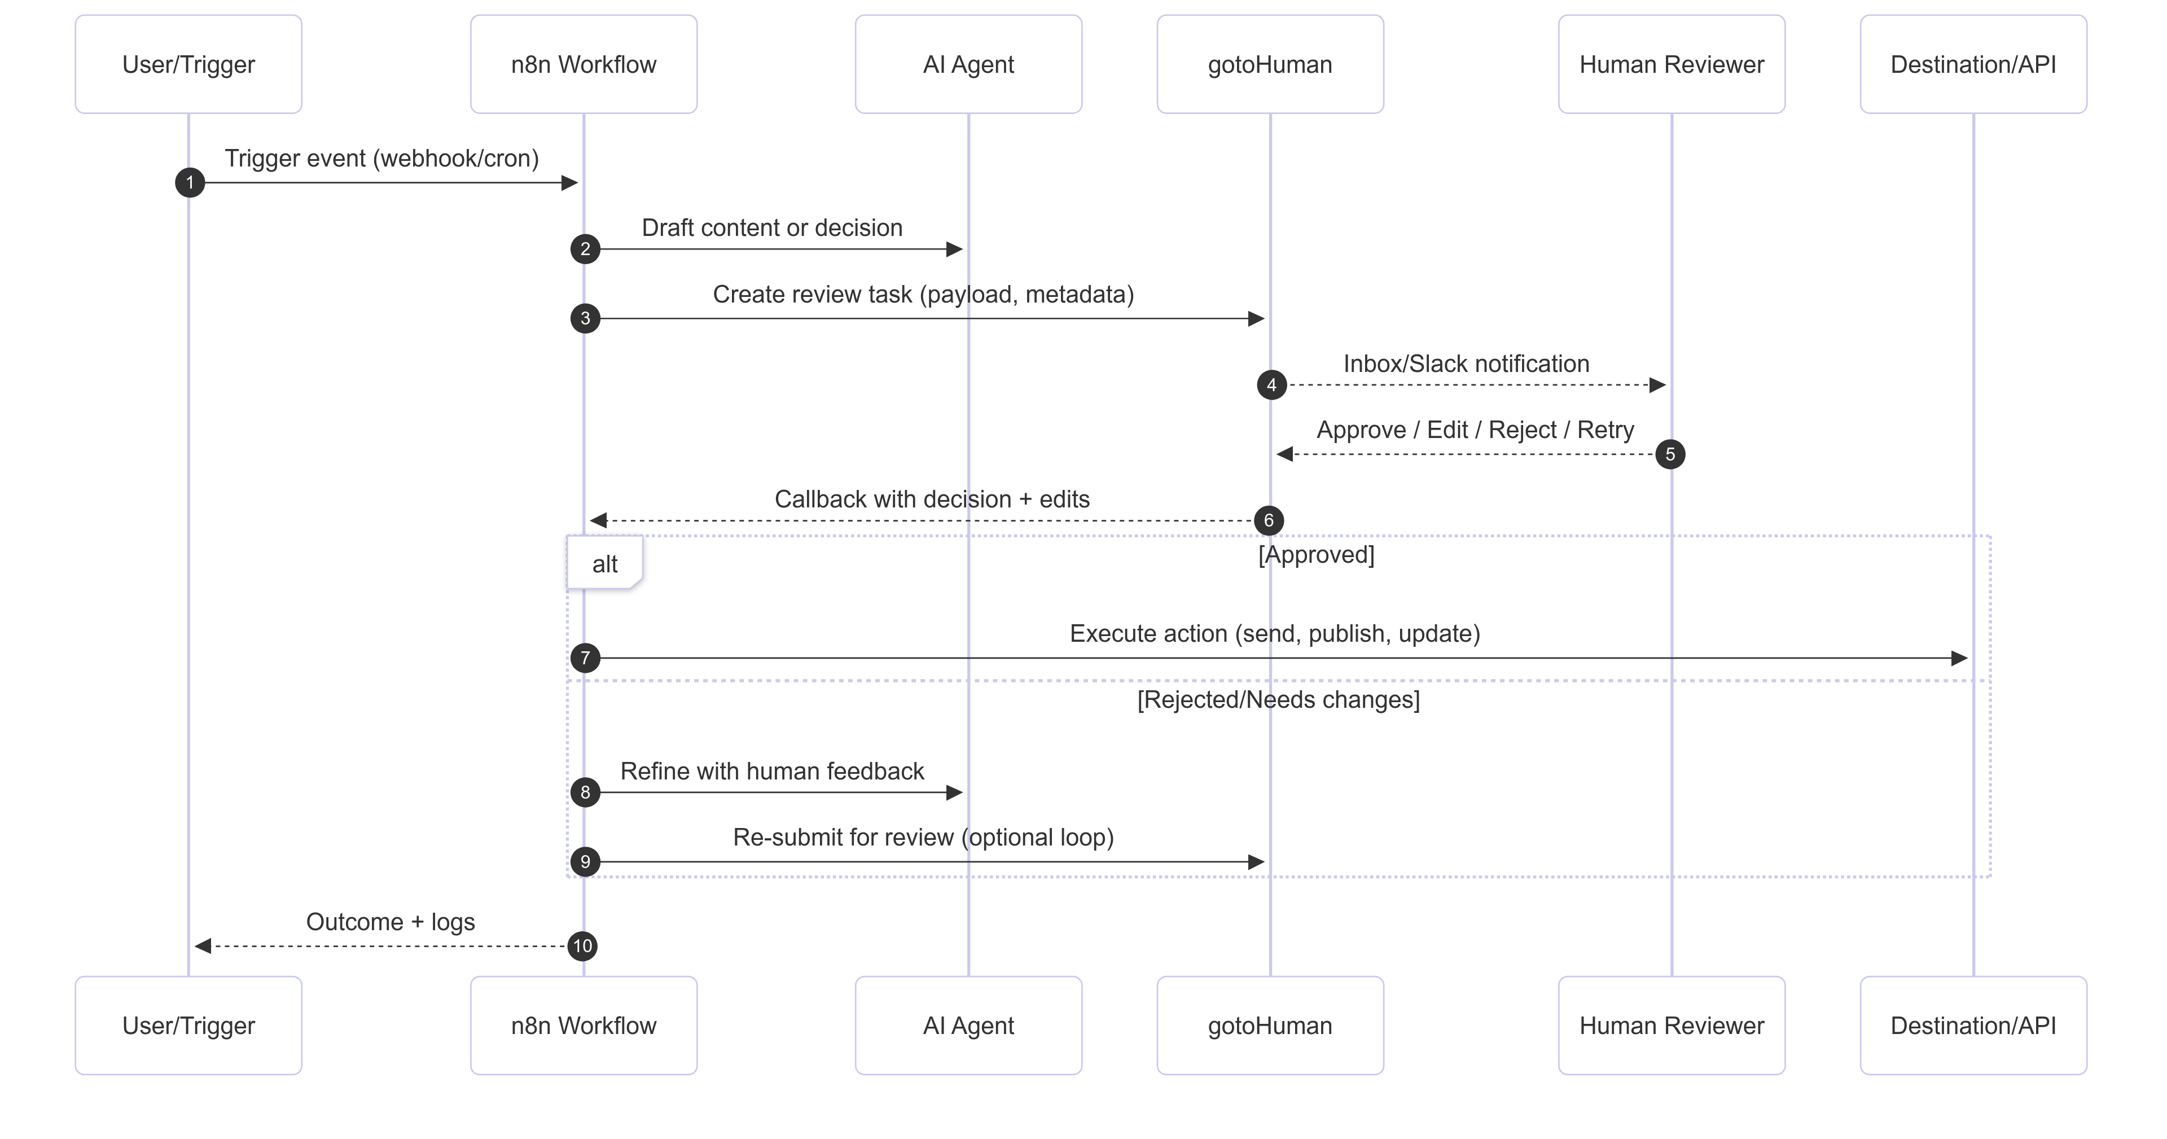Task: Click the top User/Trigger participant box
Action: tap(188, 64)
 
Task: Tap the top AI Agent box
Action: tap(968, 64)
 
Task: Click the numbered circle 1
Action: tap(190, 182)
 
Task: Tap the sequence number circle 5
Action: tap(1670, 454)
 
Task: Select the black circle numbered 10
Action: tap(583, 945)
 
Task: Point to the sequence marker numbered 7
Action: tap(586, 658)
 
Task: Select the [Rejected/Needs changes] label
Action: tap(1278, 700)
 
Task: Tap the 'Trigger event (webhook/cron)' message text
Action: tap(381, 158)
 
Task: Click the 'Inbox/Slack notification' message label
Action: tap(1466, 363)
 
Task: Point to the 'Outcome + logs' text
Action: tap(391, 922)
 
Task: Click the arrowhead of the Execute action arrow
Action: tap(1959, 658)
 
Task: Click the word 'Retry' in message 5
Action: tap(1605, 430)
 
